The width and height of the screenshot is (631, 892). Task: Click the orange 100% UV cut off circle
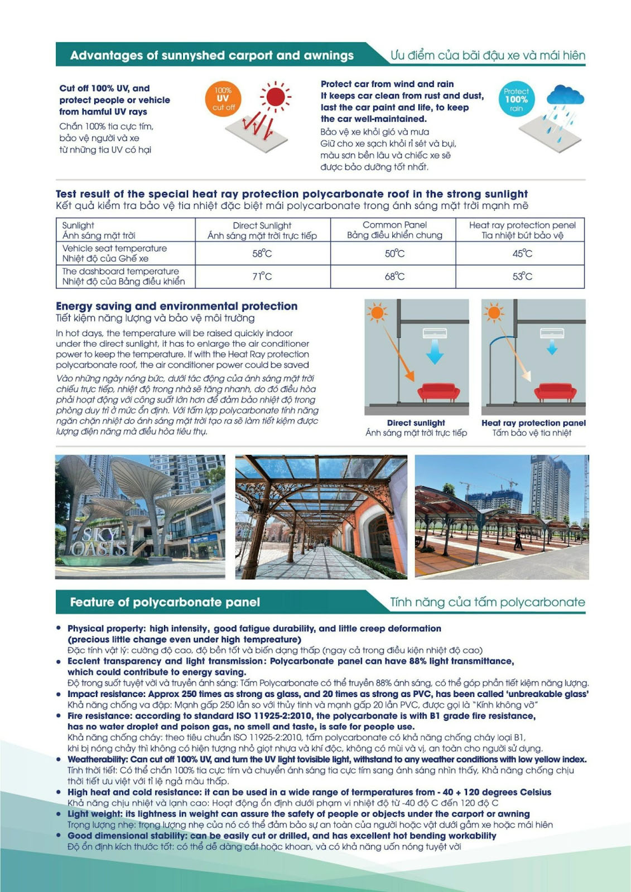coord(223,98)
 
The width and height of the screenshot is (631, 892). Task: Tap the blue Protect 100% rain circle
coord(516,99)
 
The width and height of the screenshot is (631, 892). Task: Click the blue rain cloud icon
coord(565,96)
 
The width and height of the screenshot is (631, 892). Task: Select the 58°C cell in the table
coord(262,254)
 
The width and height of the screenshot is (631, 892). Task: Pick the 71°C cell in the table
coord(262,277)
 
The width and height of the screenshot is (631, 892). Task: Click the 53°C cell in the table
coord(522,277)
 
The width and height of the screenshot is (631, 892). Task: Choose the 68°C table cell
coord(394,277)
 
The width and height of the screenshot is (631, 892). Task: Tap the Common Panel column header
coord(394,230)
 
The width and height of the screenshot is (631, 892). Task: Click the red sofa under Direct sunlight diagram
coord(439,391)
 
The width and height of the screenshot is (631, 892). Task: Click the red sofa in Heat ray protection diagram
coord(555,391)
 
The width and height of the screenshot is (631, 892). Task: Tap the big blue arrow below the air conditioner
coord(435,352)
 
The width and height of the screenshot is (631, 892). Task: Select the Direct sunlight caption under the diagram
coord(416,423)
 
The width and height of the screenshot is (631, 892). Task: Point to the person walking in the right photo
coord(518,540)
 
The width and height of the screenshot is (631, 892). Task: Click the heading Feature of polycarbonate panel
coord(165,602)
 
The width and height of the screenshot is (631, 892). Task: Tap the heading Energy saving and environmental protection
coord(176,306)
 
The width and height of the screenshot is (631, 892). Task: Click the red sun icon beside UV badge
coord(275,96)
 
